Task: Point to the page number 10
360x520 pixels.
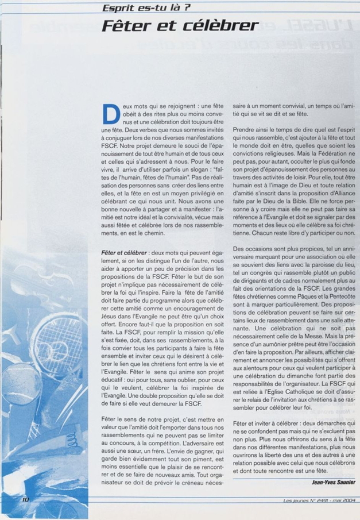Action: click(25, 500)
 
